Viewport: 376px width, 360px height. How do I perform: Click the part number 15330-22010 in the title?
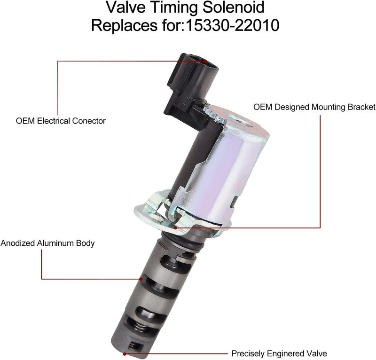click(233, 25)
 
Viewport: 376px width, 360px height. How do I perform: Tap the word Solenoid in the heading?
click(234, 7)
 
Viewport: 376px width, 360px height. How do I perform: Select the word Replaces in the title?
click(124, 25)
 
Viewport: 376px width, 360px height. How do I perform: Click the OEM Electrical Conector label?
click(61, 121)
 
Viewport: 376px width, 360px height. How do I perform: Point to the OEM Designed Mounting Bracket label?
click(314, 107)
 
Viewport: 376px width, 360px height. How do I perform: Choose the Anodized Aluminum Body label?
click(47, 243)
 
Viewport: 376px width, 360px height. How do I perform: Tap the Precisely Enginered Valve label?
click(279, 353)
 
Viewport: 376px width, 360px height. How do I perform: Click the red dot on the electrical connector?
click(205, 61)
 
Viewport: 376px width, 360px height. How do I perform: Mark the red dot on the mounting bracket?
click(175, 227)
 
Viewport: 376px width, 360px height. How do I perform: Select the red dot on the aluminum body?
click(141, 279)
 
